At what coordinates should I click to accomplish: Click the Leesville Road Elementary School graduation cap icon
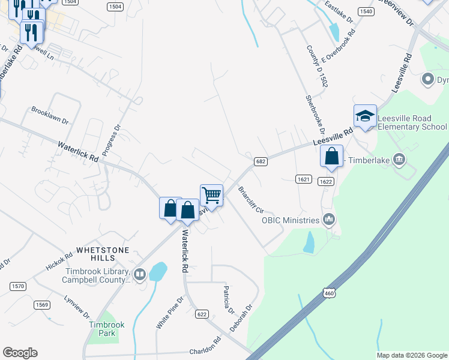(365, 116)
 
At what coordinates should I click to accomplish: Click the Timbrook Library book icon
(140, 275)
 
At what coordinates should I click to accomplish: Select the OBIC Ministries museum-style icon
(328, 220)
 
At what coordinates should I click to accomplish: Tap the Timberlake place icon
(399, 159)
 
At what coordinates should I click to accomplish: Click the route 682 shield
(260, 161)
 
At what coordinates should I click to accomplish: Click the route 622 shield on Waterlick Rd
(202, 314)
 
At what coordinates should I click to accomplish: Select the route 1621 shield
(303, 179)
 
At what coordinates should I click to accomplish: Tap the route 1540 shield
(366, 11)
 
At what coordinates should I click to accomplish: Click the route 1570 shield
(18, 286)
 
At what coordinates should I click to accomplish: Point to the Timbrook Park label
(106, 328)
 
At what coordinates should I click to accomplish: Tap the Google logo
(20, 353)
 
